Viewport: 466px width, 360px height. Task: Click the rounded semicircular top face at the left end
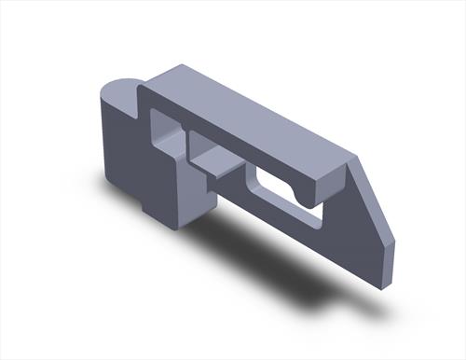(x=118, y=92)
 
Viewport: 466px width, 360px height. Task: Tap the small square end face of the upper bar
(x=328, y=182)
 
